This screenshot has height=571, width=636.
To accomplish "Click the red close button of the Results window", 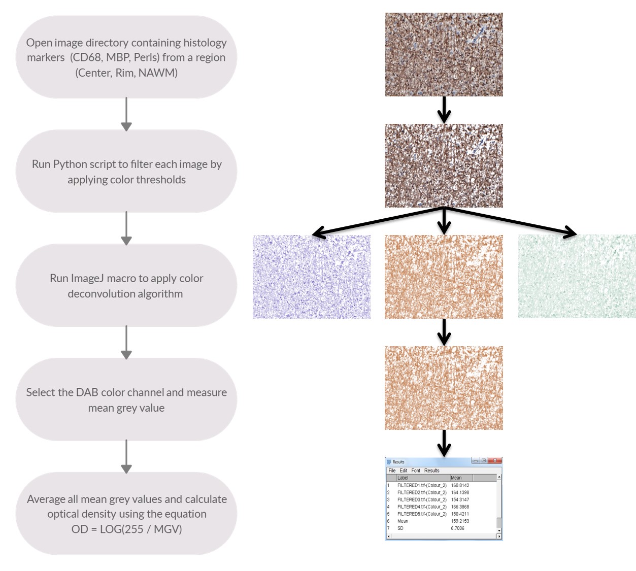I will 495,461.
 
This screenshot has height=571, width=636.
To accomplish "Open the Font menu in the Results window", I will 416,471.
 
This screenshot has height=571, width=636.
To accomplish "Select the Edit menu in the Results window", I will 404,471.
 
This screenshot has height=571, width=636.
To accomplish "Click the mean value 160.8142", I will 460,485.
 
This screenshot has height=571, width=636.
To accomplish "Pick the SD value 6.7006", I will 457,528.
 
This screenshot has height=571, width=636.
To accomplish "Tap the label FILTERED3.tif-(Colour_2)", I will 422,499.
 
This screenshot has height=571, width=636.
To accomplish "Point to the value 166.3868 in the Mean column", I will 460,507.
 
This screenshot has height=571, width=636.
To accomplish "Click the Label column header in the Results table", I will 403,478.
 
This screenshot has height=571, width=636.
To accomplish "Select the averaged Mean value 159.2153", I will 460,521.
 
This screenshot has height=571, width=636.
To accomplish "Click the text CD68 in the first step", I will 87,58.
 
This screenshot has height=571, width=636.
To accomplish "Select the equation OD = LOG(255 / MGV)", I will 126,529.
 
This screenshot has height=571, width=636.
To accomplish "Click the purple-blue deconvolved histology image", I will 311,277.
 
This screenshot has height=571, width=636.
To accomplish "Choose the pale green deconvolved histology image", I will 577,277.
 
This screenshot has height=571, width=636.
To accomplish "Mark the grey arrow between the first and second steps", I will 126,114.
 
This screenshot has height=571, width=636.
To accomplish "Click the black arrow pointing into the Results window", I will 444,443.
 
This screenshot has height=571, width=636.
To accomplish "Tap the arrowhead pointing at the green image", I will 570,233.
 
